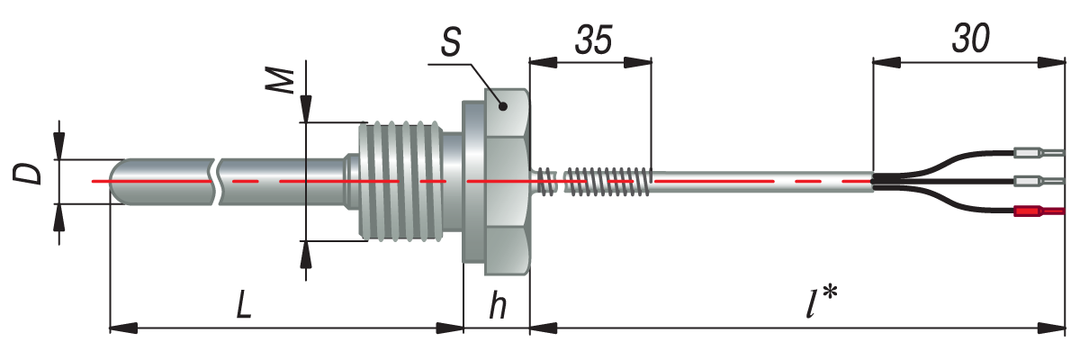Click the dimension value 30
point(969,40)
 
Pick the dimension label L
point(243,307)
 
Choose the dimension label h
point(497,307)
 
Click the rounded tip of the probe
point(118,182)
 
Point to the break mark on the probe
point(217,182)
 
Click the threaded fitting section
point(400,182)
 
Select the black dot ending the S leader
point(504,106)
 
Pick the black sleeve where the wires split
point(891,182)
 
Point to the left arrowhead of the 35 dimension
point(537,62)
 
